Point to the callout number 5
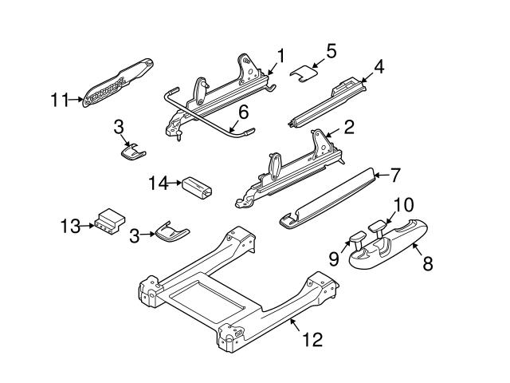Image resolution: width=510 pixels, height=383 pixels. [x=331, y=49]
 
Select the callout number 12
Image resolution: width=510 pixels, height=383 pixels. [x=312, y=340]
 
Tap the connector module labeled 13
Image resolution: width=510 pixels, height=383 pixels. [x=107, y=223]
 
